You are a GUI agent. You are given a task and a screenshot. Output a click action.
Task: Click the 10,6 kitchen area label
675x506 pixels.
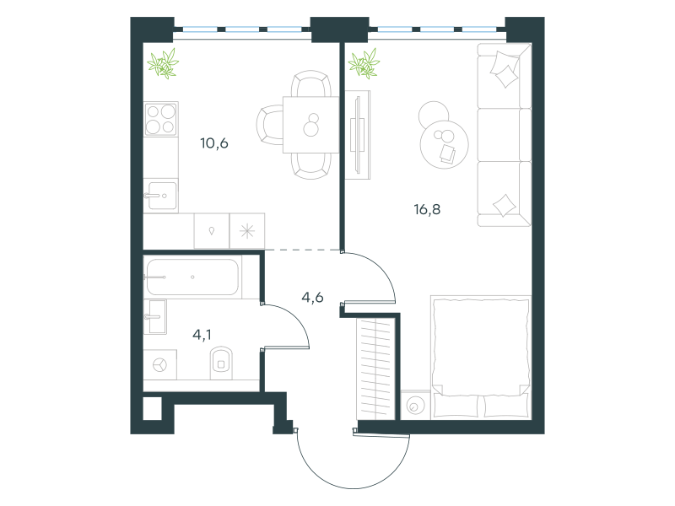tap(214, 143)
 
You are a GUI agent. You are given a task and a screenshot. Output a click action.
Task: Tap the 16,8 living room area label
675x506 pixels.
tap(427, 209)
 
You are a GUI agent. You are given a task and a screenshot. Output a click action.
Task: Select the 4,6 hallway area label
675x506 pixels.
tap(312, 298)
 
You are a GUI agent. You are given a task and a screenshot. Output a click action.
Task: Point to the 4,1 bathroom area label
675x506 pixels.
tap(202, 334)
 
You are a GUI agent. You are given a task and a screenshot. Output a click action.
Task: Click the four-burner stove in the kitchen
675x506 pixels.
tap(161, 119)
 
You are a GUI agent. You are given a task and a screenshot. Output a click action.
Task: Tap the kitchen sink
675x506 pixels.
tap(160, 196)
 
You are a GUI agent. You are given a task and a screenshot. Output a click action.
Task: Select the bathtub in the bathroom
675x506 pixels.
tap(192, 277)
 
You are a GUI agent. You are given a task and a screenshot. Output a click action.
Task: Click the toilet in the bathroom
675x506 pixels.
tap(221, 363)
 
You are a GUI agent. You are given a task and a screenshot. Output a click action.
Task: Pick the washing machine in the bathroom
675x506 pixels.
tap(159, 365)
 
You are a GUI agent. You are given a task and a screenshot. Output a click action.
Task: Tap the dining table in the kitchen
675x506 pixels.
tap(310, 125)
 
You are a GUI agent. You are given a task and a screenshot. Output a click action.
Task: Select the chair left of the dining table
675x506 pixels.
tap(270, 125)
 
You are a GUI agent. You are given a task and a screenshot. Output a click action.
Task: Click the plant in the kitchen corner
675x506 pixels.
tap(163, 63)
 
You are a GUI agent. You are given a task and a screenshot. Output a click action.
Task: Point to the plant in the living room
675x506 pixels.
tap(364, 64)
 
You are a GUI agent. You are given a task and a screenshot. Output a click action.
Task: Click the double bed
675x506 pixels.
tap(481, 357)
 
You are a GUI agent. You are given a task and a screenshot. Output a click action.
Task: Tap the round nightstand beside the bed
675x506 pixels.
tap(415, 405)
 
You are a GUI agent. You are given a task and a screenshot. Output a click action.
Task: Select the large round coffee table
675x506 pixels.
tap(445, 144)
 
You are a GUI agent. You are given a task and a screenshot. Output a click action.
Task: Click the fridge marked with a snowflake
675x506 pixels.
tap(247, 231)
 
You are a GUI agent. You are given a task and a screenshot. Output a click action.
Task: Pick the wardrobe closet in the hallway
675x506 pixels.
tap(375, 369)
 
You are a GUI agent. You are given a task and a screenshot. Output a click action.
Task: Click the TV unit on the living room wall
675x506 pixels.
tap(358, 135)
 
